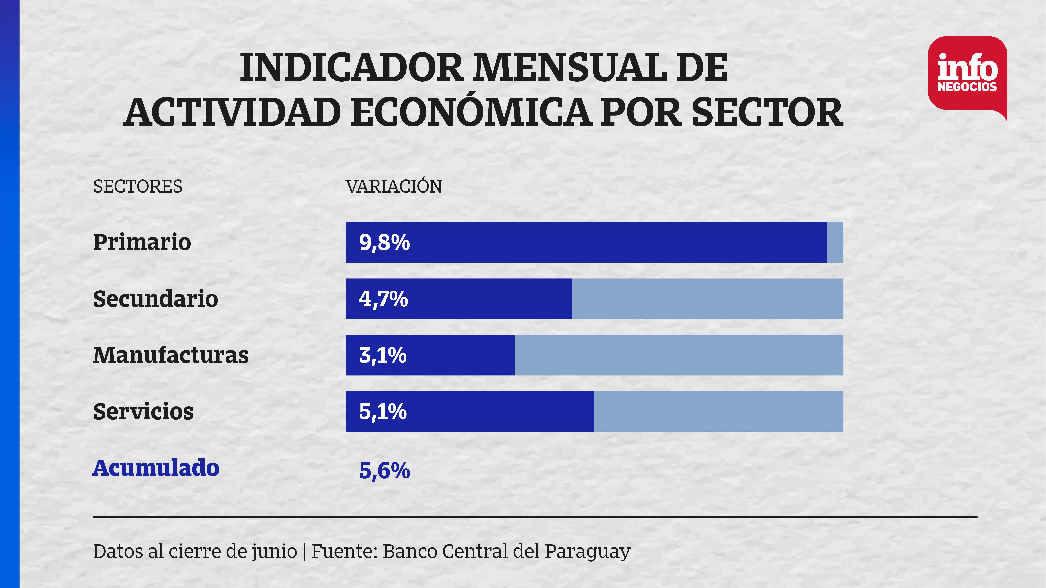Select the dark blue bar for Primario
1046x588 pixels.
click(586, 242)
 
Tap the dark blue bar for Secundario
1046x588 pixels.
click(459, 299)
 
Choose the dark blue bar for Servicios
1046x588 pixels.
click(470, 411)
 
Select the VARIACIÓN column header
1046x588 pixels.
click(394, 185)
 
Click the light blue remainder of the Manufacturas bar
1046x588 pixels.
click(679, 355)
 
